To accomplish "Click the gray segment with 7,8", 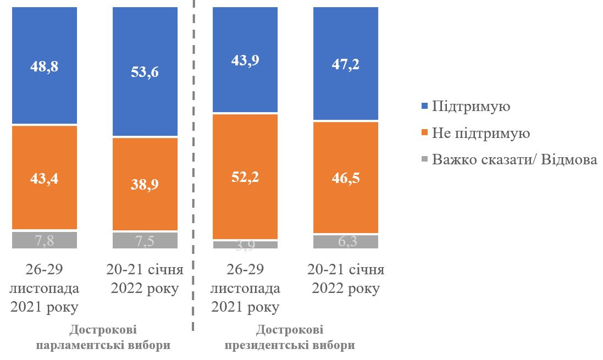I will pyautogui.click(x=45, y=240).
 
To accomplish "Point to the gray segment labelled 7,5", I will pyautogui.click(x=145, y=240).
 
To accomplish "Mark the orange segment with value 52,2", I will pyautogui.click(x=245, y=176).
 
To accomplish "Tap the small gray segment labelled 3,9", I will pyautogui.click(x=245, y=245).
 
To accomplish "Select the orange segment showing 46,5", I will pyautogui.click(x=346, y=178).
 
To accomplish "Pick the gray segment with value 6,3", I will pyautogui.click(x=346, y=242).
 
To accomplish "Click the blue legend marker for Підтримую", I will pyautogui.click(x=424, y=107).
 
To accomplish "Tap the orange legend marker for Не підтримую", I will pyautogui.click(x=424, y=134).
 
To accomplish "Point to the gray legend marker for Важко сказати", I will pyautogui.click(x=424, y=160).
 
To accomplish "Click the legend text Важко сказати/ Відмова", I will pyautogui.click(x=515, y=160).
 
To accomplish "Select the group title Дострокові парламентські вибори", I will pyautogui.click(x=103, y=337).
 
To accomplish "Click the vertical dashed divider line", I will pyautogui.click(x=193, y=165).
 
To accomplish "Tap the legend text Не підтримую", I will pyautogui.click(x=481, y=134).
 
